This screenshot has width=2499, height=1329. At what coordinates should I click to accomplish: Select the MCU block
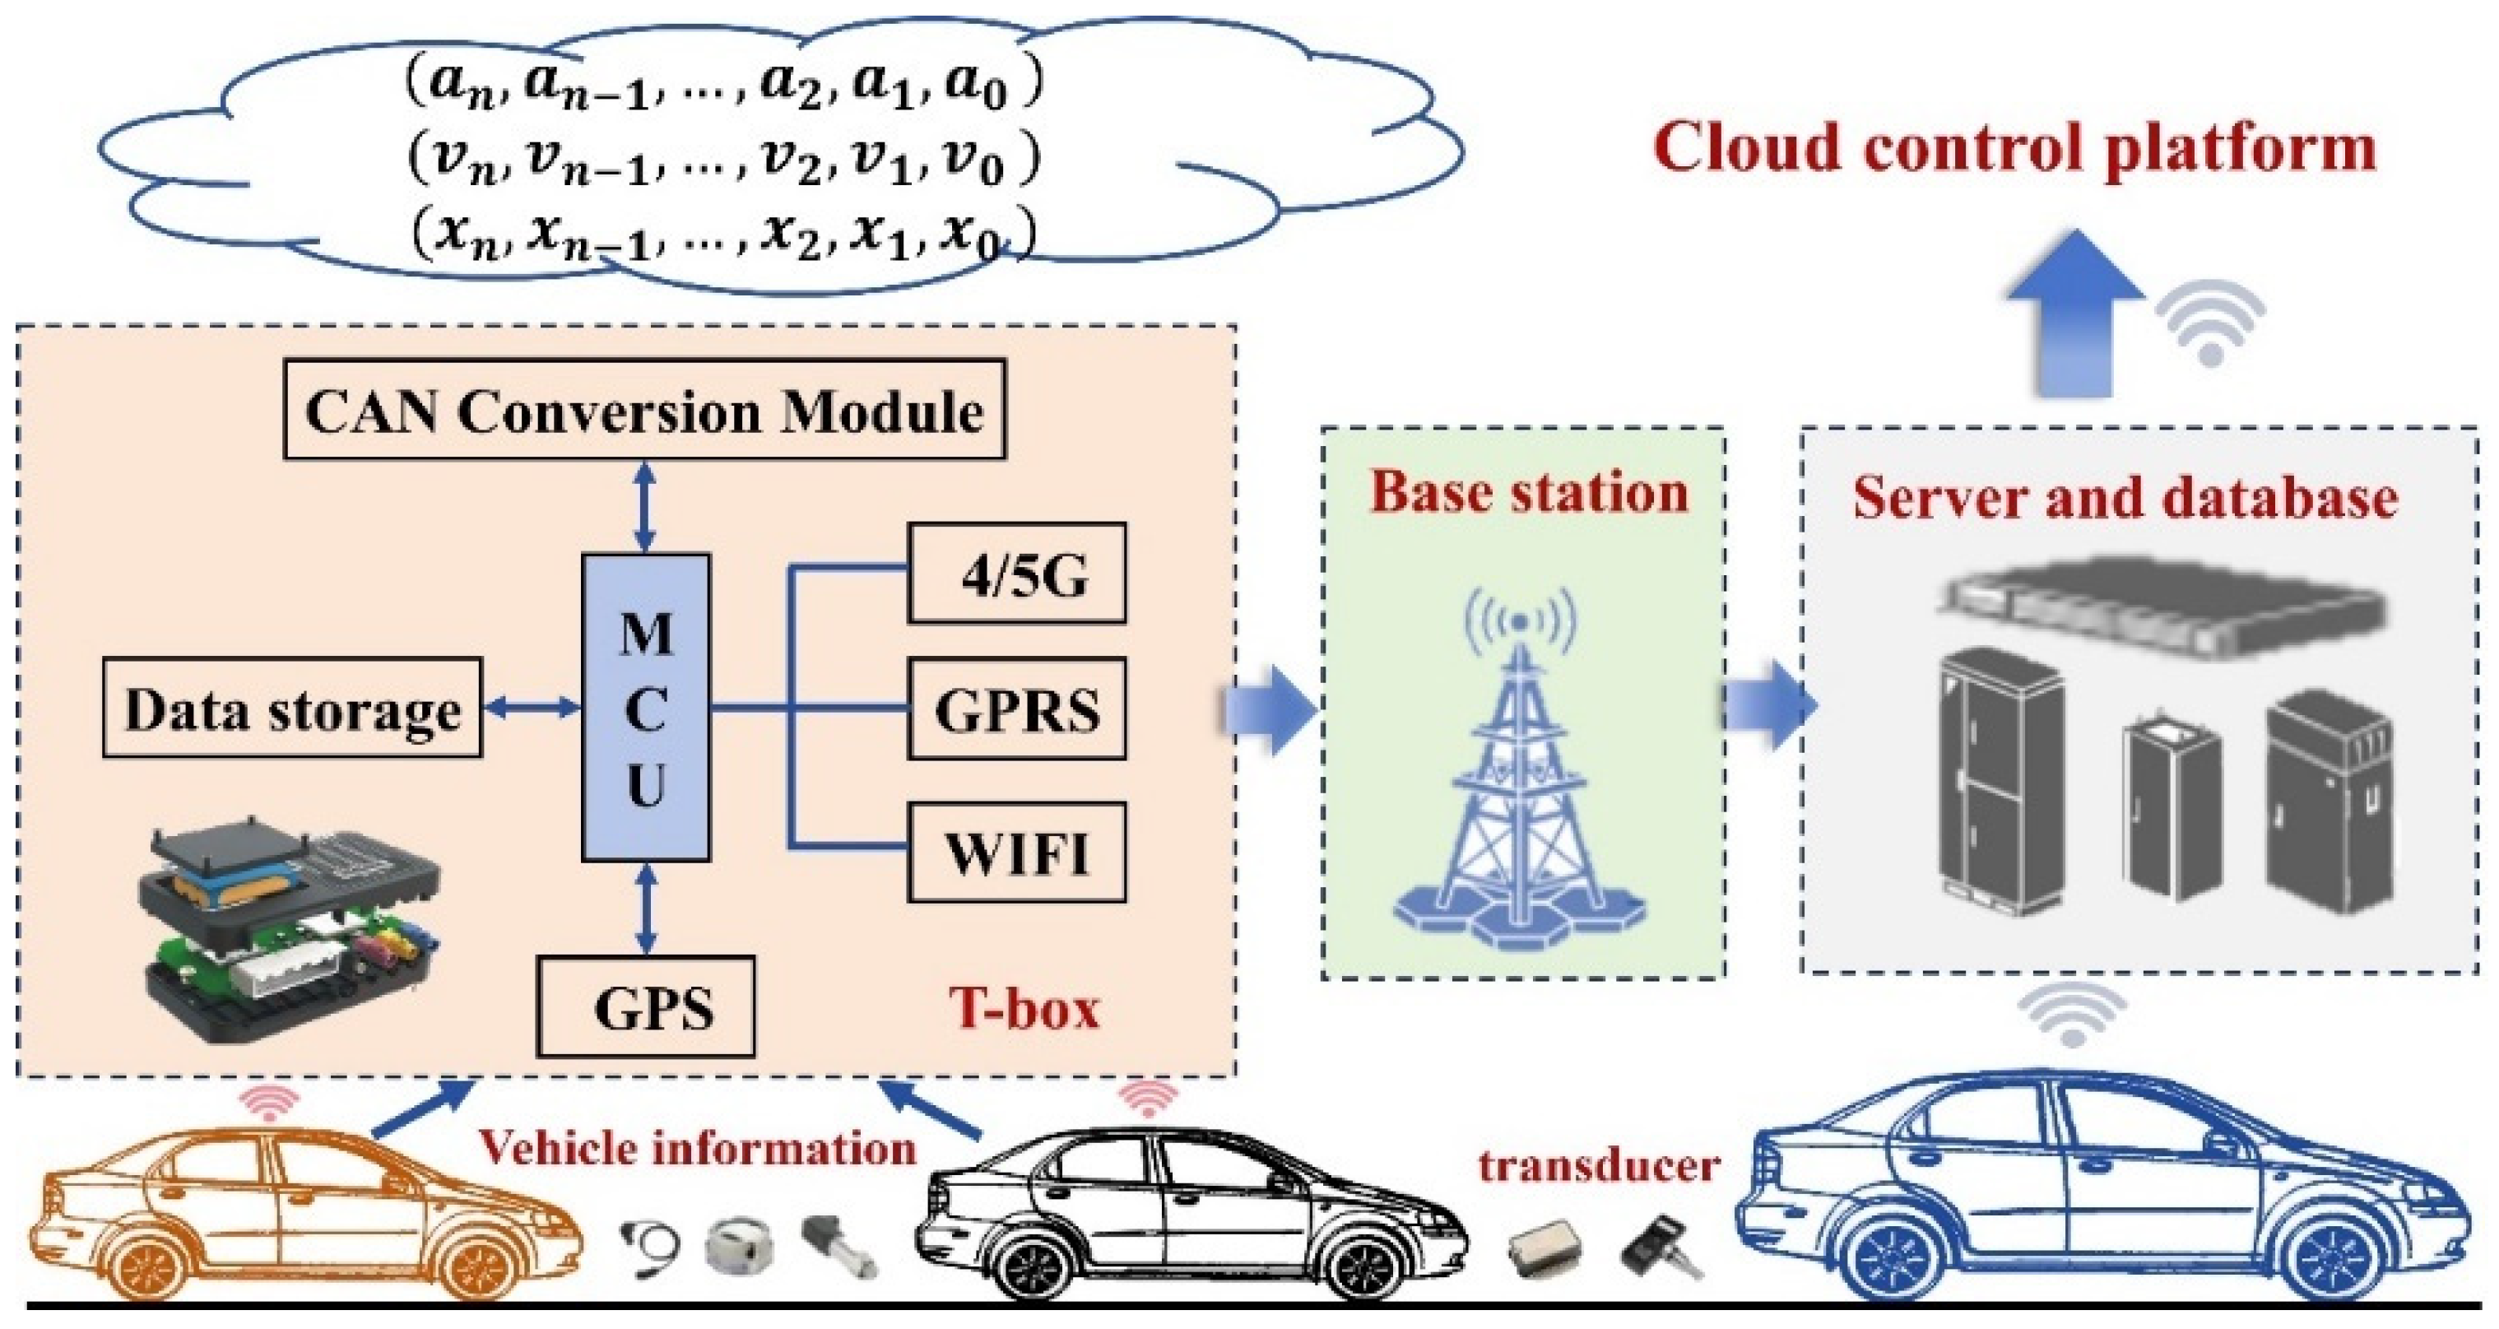coord(645,709)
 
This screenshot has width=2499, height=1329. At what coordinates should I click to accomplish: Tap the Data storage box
coord(292,709)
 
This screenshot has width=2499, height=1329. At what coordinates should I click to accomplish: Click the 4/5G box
coord(1017,574)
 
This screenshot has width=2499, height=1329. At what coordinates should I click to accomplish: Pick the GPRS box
coord(1017,709)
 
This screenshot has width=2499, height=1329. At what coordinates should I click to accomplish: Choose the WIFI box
coord(1017,853)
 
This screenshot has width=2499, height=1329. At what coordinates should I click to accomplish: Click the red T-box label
coord(1024,1007)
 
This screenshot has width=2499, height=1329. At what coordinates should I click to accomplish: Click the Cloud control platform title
coord(2014,147)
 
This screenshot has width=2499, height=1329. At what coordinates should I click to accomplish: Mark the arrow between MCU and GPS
coord(646,909)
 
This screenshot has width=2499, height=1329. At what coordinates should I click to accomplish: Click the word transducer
coord(1599,1164)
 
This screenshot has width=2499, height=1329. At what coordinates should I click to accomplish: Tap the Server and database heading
coord(2125,499)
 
